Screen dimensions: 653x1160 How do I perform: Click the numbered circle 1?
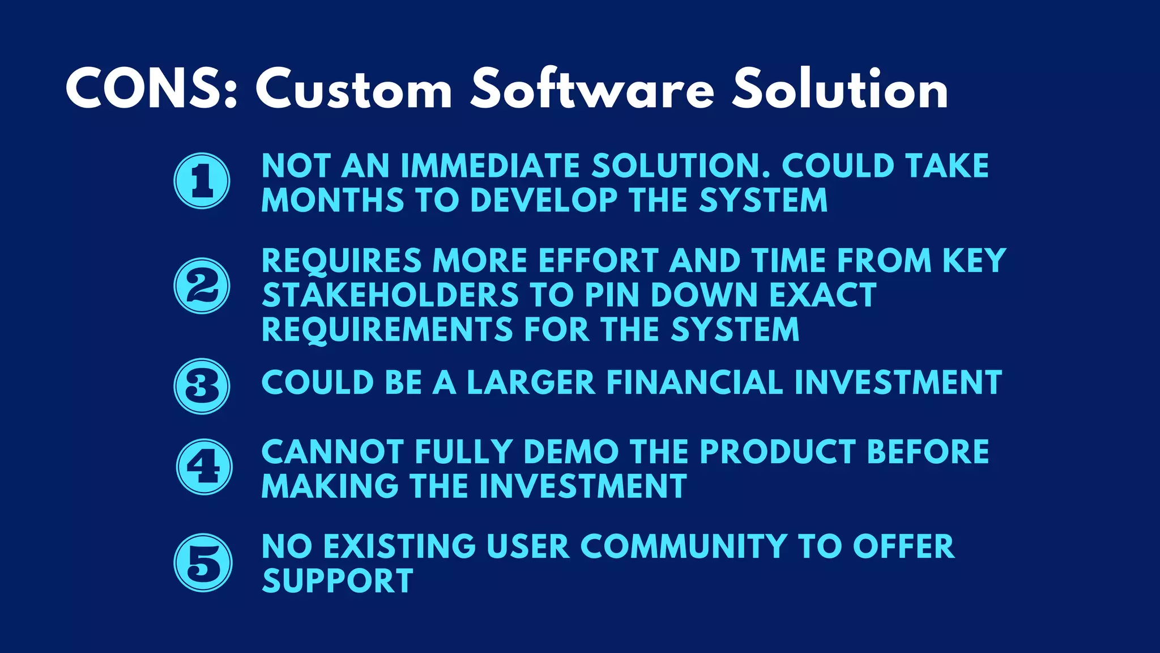(x=202, y=181)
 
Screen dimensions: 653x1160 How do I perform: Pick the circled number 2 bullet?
(x=202, y=286)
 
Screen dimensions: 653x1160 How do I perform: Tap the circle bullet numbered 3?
(x=202, y=386)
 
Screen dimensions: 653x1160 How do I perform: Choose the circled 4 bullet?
(x=203, y=467)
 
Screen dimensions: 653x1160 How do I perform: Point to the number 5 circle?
(x=203, y=563)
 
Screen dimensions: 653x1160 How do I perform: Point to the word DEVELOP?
(x=543, y=201)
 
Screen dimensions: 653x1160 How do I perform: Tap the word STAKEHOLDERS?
(x=390, y=295)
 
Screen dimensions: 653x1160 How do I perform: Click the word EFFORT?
(x=598, y=261)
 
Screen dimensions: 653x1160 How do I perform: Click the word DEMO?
(x=571, y=452)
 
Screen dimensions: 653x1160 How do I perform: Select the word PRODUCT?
(x=777, y=452)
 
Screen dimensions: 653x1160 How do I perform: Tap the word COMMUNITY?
(x=684, y=546)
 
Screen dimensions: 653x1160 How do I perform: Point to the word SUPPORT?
(x=338, y=581)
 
